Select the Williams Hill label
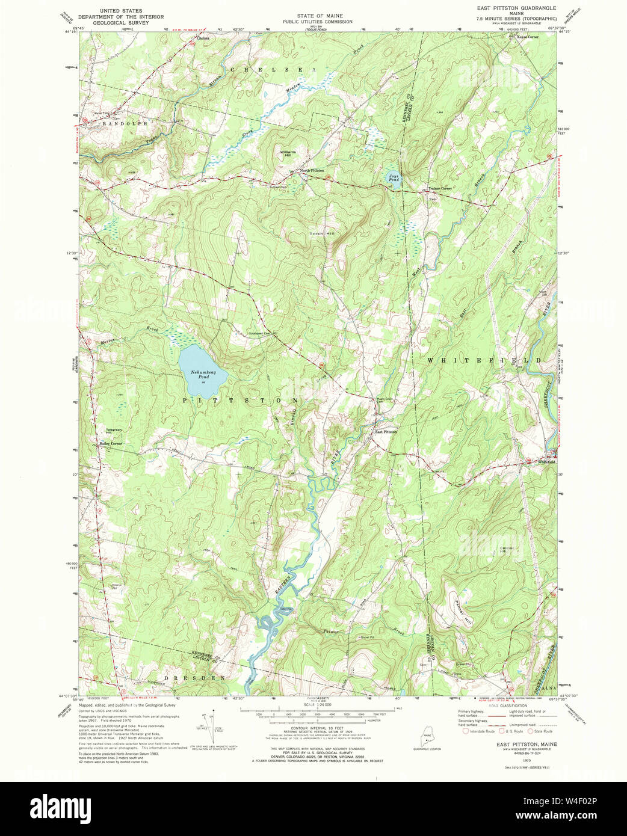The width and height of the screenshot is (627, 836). pyautogui.click(x=288, y=153)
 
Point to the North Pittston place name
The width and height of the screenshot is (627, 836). pyautogui.click(x=312, y=171)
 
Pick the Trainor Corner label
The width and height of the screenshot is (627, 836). pyautogui.click(x=440, y=189)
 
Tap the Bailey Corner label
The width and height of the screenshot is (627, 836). pyautogui.click(x=110, y=444)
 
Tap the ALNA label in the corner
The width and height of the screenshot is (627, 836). pyautogui.click(x=547, y=687)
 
